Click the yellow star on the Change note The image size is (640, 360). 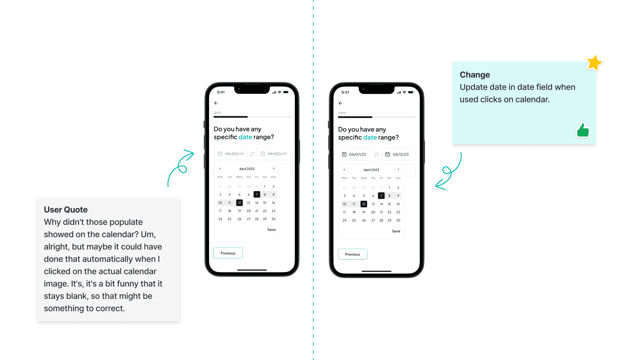[x=594, y=63]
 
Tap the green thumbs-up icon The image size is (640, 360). [x=583, y=130]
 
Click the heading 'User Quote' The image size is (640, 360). [x=66, y=210]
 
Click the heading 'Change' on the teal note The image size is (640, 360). [x=475, y=75]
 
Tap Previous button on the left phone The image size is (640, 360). [x=228, y=253]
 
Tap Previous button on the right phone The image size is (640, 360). [x=352, y=254]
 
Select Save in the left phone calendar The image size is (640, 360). [x=271, y=230]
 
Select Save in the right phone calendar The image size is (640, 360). [x=396, y=231]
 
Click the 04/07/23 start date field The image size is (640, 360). [x=355, y=154]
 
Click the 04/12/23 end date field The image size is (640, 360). [x=398, y=154]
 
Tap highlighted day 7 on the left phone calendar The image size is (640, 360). [x=257, y=194]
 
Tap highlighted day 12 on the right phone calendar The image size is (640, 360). [x=364, y=204]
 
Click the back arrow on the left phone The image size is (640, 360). [x=216, y=103]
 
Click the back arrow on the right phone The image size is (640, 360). [x=340, y=103]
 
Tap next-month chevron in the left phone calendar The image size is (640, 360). [x=274, y=169]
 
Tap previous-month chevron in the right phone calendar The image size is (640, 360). [x=344, y=170]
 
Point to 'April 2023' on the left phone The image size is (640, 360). [x=247, y=169]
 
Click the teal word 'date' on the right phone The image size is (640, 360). [x=370, y=137]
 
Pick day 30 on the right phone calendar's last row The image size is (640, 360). [x=398, y=220]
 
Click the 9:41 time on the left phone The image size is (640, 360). [x=221, y=92]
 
